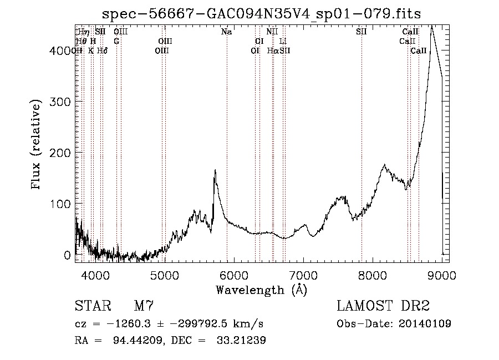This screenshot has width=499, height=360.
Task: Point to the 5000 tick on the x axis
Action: tap(164, 274)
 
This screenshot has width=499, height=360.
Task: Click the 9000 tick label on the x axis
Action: tap(442, 274)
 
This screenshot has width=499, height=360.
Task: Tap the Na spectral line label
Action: tap(226, 32)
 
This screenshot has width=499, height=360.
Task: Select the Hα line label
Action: tap(272, 50)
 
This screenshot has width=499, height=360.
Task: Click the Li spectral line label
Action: tap(283, 41)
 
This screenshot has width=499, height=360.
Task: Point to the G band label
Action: tap(116, 41)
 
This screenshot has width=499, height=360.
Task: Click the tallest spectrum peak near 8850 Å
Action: tap(431, 26)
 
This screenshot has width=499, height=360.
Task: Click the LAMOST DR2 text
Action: tap(383, 306)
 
